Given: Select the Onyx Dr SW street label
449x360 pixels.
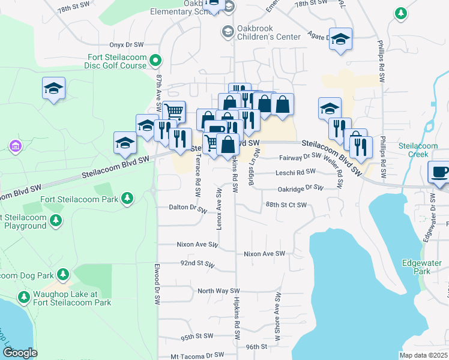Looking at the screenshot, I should pyautogui.click(x=127, y=44).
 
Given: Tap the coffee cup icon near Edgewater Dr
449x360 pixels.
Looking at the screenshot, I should pyautogui.click(x=438, y=172).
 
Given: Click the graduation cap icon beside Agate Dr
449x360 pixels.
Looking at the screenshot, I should pyautogui.click(x=340, y=39).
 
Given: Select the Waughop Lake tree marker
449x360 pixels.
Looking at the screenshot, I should pyautogui.click(x=24, y=298).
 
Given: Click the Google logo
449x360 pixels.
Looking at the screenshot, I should pyautogui.click(x=20, y=353).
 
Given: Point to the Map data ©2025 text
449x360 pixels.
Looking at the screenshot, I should pyautogui.click(x=423, y=355).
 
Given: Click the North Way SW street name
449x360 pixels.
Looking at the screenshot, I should pyautogui.click(x=214, y=291).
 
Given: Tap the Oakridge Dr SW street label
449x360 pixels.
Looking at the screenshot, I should pyautogui.click(x=300, y=188).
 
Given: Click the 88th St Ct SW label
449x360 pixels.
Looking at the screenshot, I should pyautogui.click(x=286, y=205).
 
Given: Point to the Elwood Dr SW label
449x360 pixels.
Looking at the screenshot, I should pyautogui.click(x=155, y=281).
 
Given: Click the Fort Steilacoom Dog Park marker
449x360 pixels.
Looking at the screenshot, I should pyautogui.click(x=61, y=275).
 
